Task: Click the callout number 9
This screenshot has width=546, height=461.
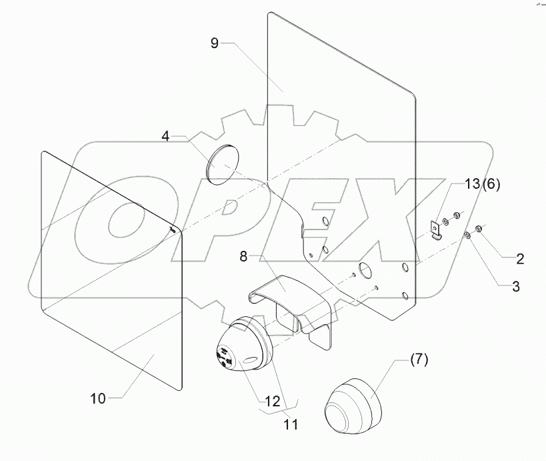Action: (x=214, y=43)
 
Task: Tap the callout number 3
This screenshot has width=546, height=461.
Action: (x=516, y=288)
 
